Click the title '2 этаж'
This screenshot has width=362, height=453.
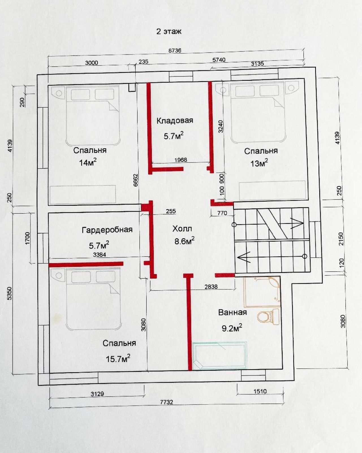point(169,32)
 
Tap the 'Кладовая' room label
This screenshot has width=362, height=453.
point(175,121)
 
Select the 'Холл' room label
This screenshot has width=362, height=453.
point(182,229)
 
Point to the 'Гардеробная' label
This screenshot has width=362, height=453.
point(107,230)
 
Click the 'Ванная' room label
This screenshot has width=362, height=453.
point(232,312)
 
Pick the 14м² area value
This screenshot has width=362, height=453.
point(88,162)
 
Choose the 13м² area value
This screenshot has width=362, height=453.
point(259,163)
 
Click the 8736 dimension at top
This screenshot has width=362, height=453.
point(175,51)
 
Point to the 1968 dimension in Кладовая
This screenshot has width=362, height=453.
point(181,160)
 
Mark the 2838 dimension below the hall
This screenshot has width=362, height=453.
point(211,287)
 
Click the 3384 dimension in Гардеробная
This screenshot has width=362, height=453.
point(100,255)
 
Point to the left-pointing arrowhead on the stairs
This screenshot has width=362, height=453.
point(244,257)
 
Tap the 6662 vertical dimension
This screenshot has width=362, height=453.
point(136,180)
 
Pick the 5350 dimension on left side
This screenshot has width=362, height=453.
point(10,294)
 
